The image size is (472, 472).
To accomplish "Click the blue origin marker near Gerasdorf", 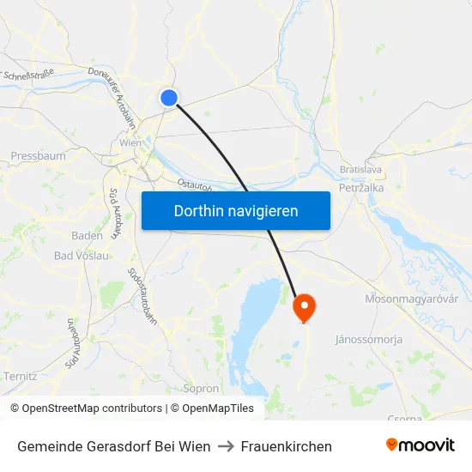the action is click(x=169, y=98).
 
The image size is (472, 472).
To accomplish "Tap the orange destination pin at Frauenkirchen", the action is click(x=304, y=307).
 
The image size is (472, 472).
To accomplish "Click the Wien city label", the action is click(x=130, y=143).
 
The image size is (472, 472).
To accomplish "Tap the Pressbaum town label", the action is click(x=38, y=156).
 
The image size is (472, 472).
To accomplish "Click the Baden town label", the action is click(x=87, y=235).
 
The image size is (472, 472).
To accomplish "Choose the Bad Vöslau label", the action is click(x=82, y=256).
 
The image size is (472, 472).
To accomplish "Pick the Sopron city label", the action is click(x=202, y=388).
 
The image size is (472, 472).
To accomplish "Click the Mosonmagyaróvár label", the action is click(x=412, y=299).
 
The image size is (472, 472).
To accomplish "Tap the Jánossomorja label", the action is click(x=369, y=339).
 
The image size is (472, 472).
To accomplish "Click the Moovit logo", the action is click(x=421, y=445).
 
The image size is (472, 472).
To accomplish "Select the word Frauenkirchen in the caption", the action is click(x=287, y=446).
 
